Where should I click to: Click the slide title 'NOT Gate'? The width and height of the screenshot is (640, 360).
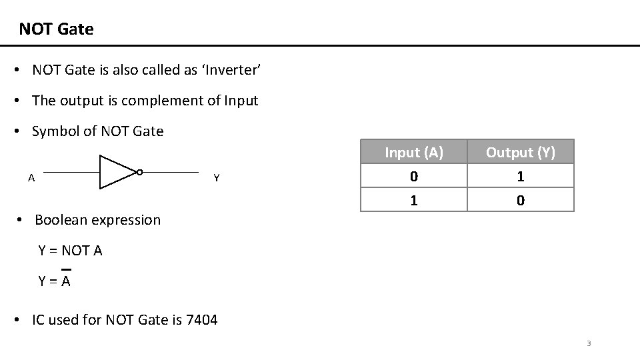coord(56,29)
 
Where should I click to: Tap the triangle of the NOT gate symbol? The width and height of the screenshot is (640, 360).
coord(115,172)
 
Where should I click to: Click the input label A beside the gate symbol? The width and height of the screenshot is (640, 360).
coord(31,178)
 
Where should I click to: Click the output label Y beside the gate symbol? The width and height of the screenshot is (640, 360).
coord(216,178)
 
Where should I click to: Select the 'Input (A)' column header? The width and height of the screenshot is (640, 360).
coord(414,153)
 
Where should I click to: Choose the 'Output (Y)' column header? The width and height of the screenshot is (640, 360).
coord(520,153)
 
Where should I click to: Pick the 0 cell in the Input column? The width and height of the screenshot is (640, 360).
coord(414,177)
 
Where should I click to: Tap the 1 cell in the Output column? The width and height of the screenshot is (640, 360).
coord(520,177)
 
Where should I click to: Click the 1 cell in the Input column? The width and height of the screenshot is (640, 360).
coord(414,200)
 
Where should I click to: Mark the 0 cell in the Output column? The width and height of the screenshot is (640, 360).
coord(520,200)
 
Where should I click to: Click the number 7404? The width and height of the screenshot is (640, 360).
coord(201,320)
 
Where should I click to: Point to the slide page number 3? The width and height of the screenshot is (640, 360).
coord(589,344)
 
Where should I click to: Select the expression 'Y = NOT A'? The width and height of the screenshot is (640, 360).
coord(70,251)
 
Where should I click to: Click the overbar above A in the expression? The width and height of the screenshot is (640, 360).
coord(66,270)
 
